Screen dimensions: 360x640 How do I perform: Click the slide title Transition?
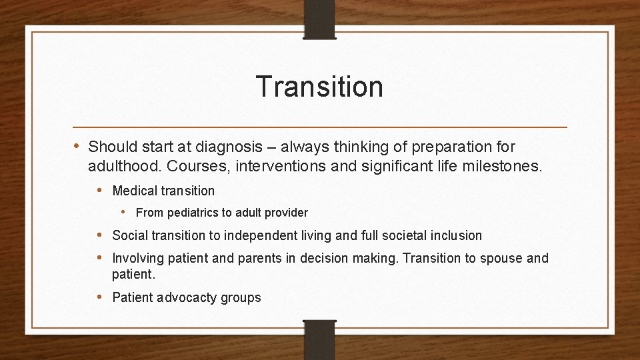tap(319, 87)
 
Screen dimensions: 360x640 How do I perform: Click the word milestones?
tap(503, 165)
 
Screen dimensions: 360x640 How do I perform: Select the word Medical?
tap(134, 191)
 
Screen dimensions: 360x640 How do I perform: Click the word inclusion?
tap(455, 235)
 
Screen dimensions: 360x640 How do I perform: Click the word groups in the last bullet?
tap(241, 298)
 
